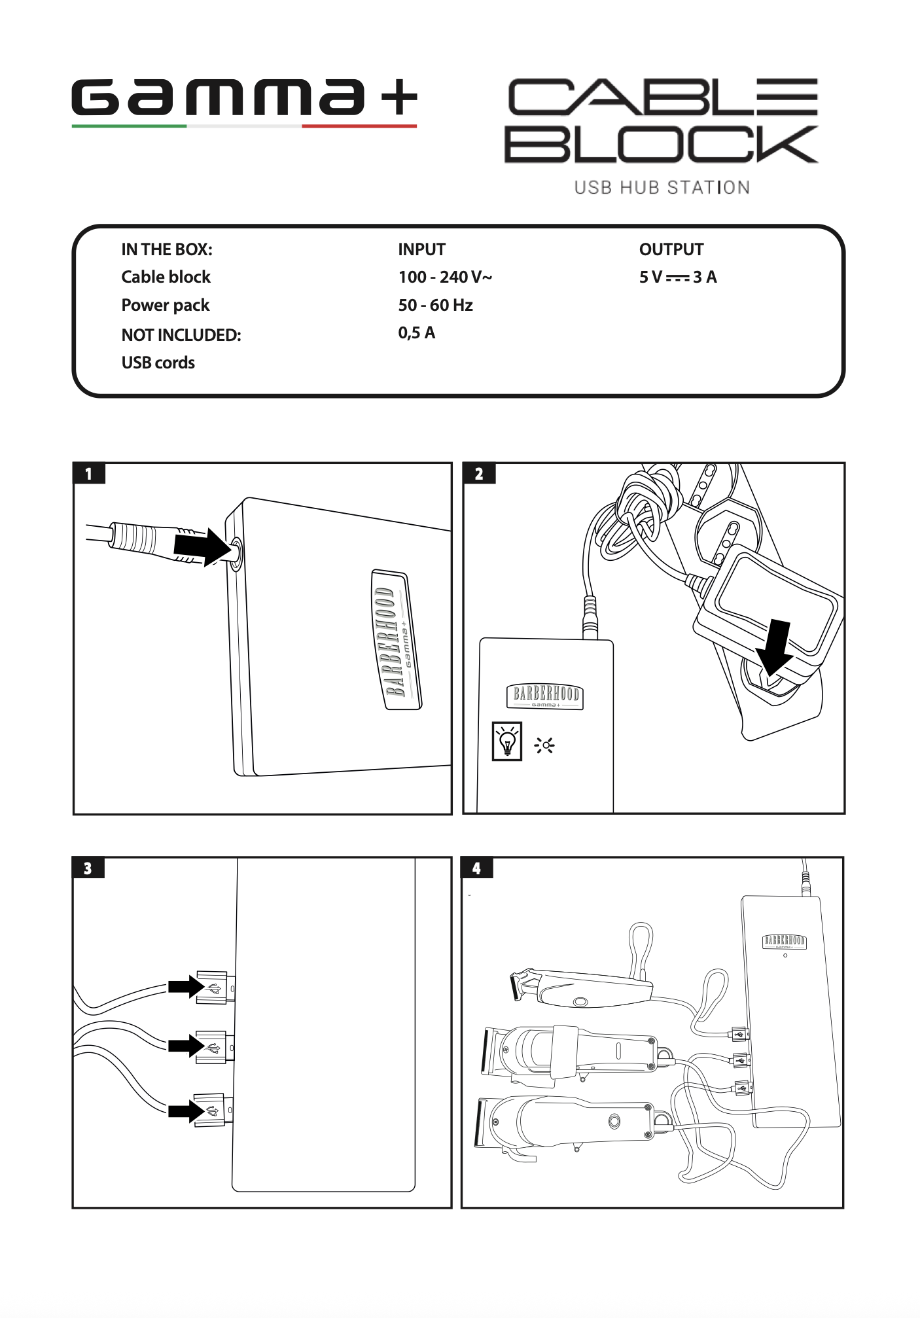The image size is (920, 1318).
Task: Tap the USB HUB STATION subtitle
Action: [662, 188]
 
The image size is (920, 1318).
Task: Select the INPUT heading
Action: [421, 249]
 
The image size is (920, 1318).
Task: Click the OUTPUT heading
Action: [671, 249]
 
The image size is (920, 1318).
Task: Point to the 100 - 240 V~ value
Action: [445, 277]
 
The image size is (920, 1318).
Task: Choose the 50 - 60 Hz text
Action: [435, 305]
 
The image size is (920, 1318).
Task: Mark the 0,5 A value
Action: [416, 333]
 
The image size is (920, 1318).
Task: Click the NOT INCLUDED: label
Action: [181, 335]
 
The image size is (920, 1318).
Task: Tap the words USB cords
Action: [158, 363]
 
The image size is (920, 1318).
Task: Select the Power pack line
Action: [165, 306]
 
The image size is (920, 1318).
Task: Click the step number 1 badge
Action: [89, 474]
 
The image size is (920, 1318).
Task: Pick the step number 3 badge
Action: [88, 868]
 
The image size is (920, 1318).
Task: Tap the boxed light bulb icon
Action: [506, 741]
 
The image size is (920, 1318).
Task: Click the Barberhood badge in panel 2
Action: [544, 696]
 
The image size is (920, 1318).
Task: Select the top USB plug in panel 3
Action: [213, 988]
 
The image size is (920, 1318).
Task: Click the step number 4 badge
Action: [476, 868]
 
